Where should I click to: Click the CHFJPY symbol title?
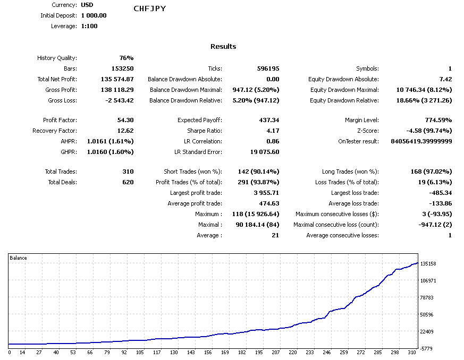150,8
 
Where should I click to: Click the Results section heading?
223,46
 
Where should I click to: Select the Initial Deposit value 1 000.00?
94,15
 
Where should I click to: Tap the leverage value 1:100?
89,26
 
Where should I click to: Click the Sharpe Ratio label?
204,131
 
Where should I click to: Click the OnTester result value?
421,141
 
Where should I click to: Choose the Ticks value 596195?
267,68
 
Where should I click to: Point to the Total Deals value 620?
128,182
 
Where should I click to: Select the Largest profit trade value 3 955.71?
266,193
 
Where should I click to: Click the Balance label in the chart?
19,258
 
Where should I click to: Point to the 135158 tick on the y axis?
428,263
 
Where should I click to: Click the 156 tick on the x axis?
208,352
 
